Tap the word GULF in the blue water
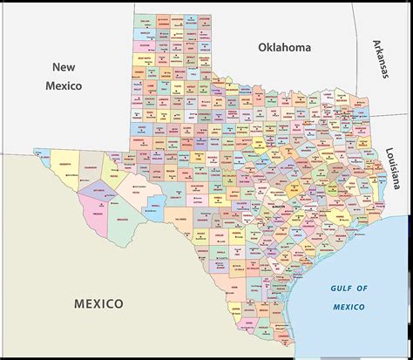(x=339, y=287)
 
